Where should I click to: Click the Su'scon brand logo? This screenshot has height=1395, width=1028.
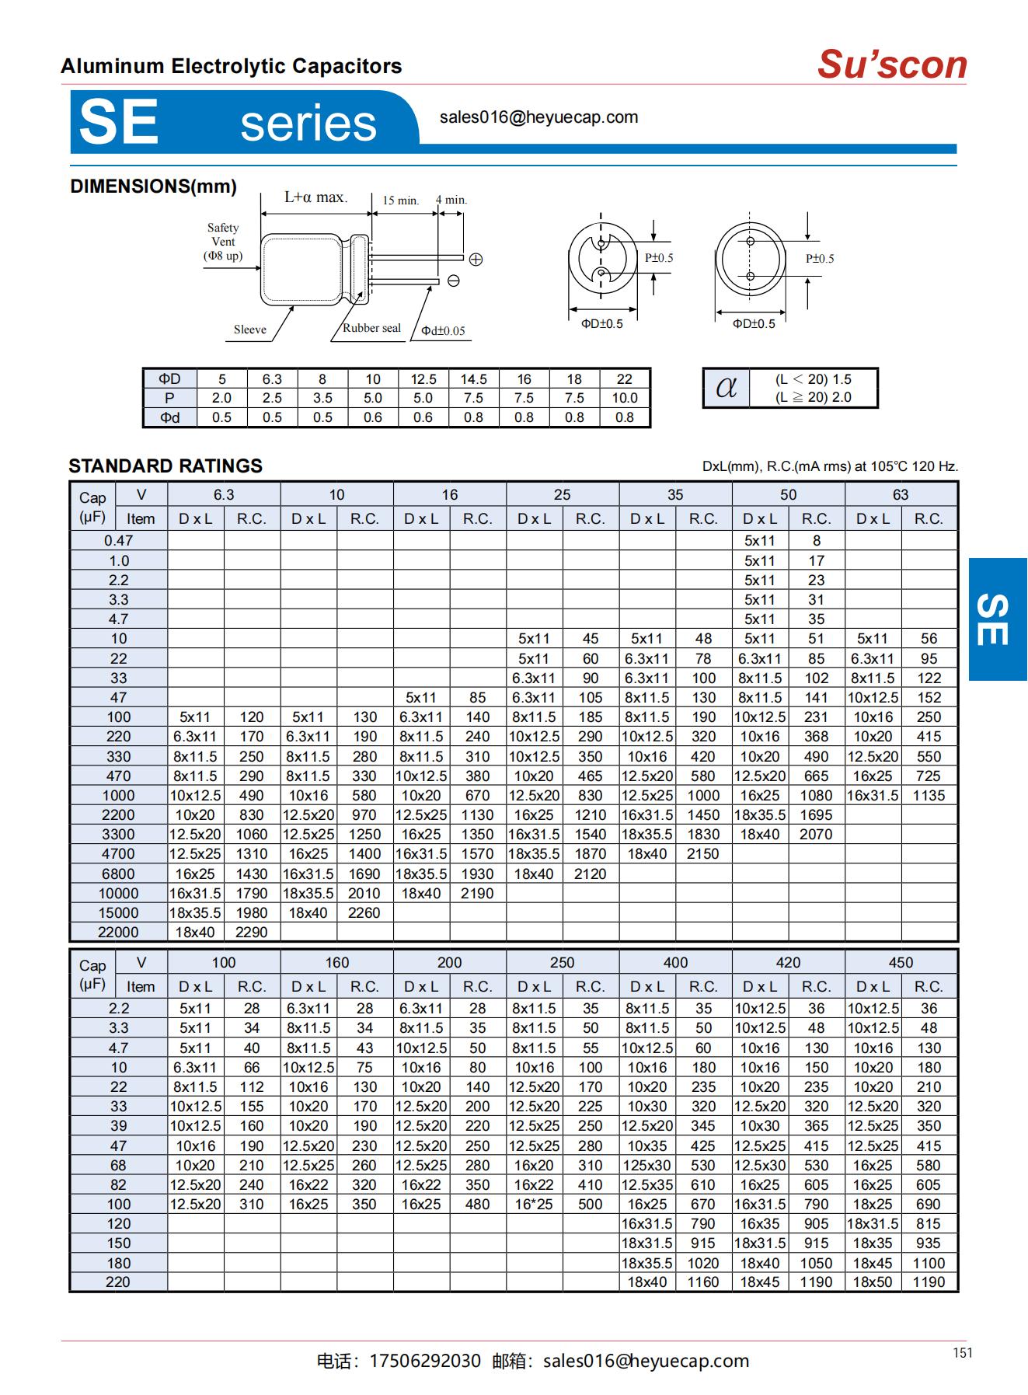click(892, 65)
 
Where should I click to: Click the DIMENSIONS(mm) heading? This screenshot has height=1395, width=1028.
click(153, 187)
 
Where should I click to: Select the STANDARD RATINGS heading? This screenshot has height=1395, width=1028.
click(166, 466)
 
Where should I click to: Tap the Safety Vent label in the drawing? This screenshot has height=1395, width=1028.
click(223, 241)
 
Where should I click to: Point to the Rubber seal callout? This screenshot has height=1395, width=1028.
click(371, 328)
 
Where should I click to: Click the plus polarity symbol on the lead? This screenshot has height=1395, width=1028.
click(476, 260)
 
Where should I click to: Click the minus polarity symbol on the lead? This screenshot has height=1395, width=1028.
click(454, 281)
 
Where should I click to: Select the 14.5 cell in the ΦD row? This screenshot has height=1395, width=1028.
click(473, 379)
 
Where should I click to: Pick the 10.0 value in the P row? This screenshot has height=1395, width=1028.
click(625, 398)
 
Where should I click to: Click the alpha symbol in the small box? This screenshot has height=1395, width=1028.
click(726, 387)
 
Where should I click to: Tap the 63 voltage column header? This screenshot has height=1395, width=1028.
click(901, 495)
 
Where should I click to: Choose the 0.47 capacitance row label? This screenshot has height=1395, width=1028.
click(118, 541)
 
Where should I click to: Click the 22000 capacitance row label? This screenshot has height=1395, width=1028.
click(118, 932)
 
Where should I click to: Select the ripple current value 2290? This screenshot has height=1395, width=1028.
click(252, 932)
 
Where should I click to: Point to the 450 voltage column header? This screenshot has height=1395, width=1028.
click(901, 963)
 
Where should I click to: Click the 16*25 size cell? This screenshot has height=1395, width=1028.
click(534, 1204)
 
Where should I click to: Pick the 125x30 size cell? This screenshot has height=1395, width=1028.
click(646, 1165)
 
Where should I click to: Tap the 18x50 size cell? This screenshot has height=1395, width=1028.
click(873, 1282)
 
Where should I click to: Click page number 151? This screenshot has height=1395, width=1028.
click(962, 1353)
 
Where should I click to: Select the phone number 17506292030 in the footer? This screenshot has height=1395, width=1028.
click(425, 1361)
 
